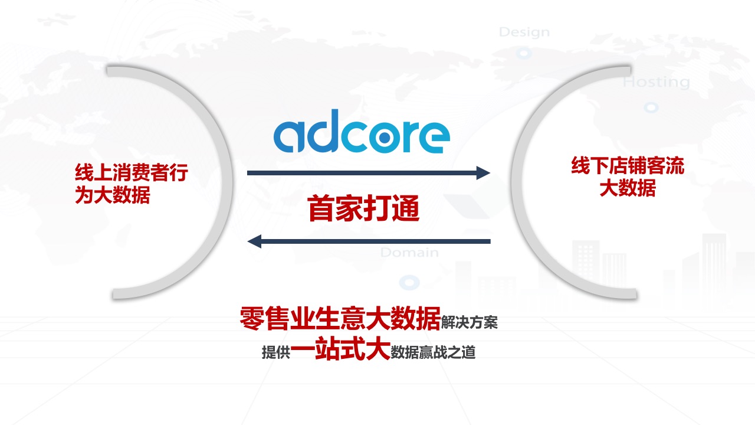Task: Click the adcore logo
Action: (362, 131)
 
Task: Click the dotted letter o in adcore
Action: (385, 136)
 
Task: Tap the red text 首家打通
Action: (363, 208)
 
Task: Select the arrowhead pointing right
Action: (483, 173)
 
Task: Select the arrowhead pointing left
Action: (254, 241)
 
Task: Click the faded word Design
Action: (524, 32)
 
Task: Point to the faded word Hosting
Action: (656, 82)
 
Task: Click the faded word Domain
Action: (409, 252)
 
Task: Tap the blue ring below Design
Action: (524, 53)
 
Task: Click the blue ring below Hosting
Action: (651, 107)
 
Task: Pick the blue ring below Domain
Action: (409, 282)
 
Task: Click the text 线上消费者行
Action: (132, 173)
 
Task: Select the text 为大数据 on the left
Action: (113, 195)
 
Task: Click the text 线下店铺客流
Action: (628, 165)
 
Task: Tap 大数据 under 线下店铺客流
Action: (628, 188)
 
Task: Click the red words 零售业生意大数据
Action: (340, 318)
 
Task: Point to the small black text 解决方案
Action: (469, 322)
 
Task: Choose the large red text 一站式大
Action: (340, 348)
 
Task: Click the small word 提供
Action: (276, 352)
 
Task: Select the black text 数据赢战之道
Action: (433, 352)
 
